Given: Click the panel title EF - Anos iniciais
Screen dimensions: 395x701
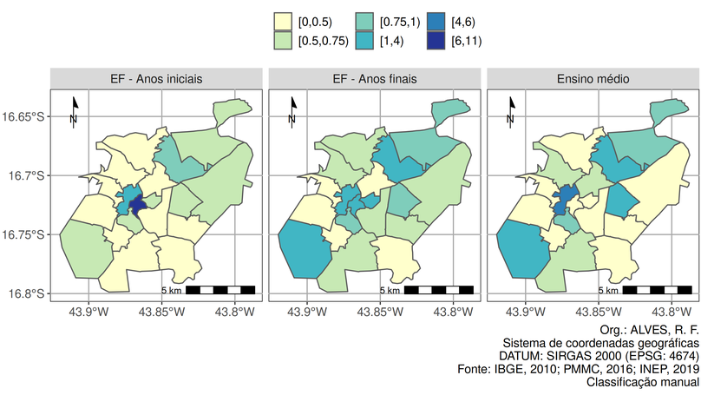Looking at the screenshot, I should point(157,79).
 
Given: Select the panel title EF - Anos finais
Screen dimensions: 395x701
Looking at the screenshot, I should point(375,79).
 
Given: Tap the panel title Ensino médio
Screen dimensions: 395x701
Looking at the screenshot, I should point(593,79).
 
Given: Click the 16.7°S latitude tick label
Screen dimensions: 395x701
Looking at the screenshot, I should point(27,175).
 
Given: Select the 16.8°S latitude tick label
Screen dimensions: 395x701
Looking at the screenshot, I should point(27,293).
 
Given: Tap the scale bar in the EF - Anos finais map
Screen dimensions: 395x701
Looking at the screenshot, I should point(439,289).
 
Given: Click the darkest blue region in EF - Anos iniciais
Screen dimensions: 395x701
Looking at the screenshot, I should point(138,205).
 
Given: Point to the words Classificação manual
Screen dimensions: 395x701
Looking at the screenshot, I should point(642,382).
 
